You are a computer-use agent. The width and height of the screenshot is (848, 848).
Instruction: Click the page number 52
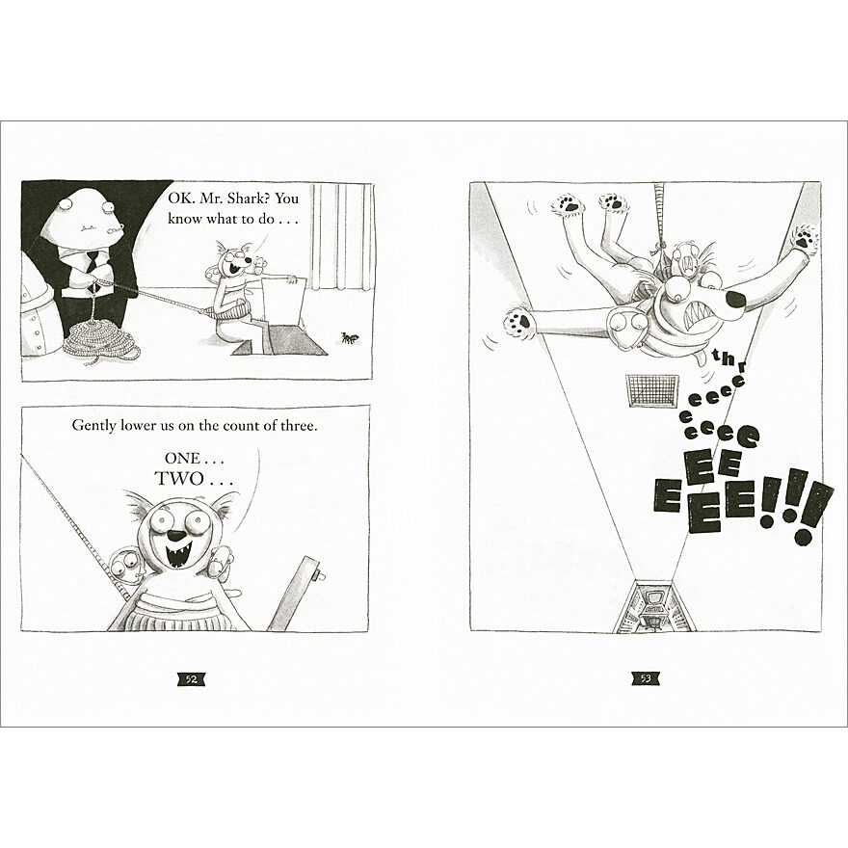tap(192, 679)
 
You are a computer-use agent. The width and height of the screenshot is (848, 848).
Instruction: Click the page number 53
tap(645, 678)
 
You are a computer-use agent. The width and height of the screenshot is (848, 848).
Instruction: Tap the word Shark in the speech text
tap(251, 199)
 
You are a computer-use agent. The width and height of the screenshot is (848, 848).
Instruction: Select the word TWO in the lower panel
tap(179, 479)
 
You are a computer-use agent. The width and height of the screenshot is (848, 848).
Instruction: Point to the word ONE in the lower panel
tap(182, 459)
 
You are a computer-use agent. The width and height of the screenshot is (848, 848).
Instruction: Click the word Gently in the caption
tap(94, 426)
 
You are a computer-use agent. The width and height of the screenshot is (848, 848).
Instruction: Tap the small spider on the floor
tap(349, 338)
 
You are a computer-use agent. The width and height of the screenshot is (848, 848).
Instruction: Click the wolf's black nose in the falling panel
tap(737, 299)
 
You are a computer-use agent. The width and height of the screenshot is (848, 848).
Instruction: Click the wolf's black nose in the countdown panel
tap(176, 536)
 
